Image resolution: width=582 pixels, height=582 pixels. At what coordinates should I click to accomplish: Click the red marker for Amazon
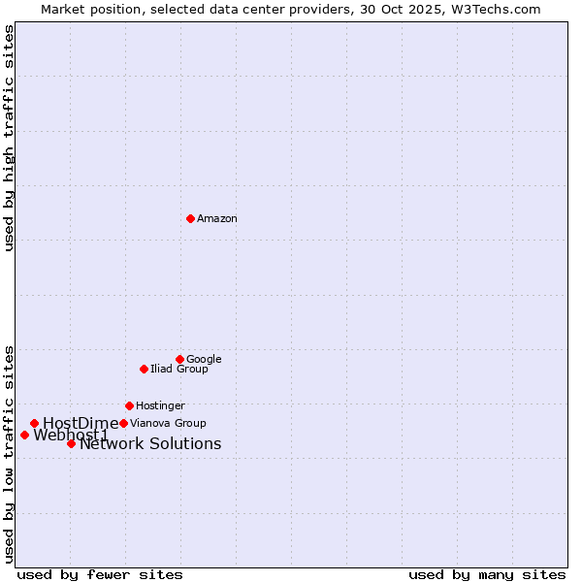(190, 218)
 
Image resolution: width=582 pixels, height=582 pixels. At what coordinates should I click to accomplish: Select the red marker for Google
(179, 359)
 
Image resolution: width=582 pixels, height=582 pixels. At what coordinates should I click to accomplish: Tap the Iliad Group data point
(144, 369)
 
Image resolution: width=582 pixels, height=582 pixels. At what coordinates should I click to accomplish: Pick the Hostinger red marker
(129, 405)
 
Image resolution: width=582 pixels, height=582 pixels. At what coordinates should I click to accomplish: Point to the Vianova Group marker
(123, 423)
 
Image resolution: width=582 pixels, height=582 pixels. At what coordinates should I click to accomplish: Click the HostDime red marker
(34, 423)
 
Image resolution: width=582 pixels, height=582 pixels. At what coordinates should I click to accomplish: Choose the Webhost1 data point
(24, 435)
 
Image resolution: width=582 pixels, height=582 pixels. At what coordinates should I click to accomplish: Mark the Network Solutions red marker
(71, 443)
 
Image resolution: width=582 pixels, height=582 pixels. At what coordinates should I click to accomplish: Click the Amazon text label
(217, 219)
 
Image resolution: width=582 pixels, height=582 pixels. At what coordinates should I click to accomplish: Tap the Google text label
(204, 360)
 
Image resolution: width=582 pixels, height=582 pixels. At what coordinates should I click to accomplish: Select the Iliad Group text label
(179, 370)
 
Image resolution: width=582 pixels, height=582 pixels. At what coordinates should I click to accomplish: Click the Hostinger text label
(160, 406)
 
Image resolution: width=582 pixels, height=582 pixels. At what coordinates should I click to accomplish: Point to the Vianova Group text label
(168, 424)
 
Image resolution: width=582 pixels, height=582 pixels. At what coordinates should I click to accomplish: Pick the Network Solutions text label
(150, 444)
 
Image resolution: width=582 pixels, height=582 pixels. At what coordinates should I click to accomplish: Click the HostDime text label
(81, 423)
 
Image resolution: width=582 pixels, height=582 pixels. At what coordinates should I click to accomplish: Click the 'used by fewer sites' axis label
(100, 574)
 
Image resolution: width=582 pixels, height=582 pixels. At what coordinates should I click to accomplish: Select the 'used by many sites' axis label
(487, 574)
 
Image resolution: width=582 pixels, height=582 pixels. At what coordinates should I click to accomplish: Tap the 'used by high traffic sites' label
(9, 138)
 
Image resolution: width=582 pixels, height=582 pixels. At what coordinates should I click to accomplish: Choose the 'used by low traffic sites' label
(9, 453)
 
